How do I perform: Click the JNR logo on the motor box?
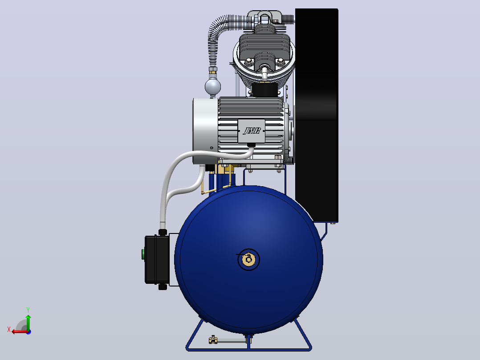coord(252,131)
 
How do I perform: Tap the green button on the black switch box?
coord(143,254)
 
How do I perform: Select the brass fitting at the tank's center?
coord(248,259)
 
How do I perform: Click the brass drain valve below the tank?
coord(213,340)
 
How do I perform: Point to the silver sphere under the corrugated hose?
coord(213,86)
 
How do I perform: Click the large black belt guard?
coord(317,115)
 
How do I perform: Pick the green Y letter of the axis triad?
coord(28,310)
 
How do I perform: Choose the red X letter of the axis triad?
coord(9,329)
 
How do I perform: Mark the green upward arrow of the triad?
coord(28,323)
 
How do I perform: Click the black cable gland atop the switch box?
coord(163,232)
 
